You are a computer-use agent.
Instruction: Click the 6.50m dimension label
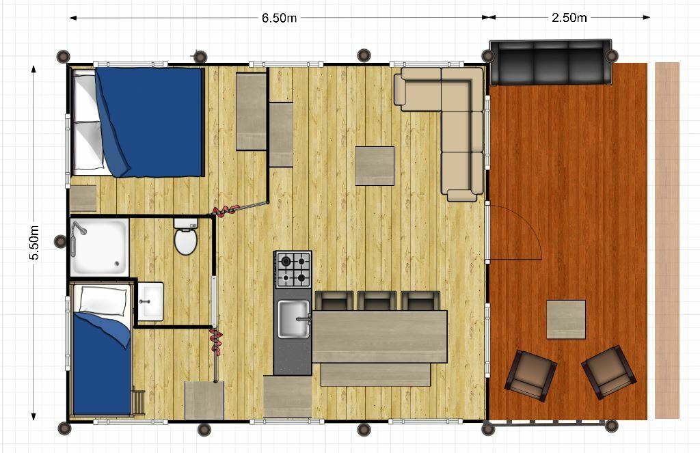(x=279, y=18)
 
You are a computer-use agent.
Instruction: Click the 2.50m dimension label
(x=569, y=17)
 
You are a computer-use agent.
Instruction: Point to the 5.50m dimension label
(x=34, y=243)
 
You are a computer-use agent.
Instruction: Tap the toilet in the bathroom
(x=185, y=236)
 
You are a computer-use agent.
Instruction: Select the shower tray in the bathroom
(x=100, y=247)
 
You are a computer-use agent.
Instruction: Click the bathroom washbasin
(x=150, y=301)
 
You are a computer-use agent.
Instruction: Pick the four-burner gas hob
(x=293, y=269)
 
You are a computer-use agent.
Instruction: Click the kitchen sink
(x=293, y=319)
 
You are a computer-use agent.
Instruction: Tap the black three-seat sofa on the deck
(x=551, y=62)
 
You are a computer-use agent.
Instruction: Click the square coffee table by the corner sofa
(x=375, y=166)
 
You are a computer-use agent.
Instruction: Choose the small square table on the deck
(x=566, y=320)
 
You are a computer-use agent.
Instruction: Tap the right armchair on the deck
(x=609, y=372)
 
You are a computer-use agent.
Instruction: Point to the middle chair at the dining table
(x=377, y=301)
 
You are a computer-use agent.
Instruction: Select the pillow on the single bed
(x=103, y=299)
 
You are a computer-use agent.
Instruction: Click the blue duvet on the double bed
(x=148, y=122)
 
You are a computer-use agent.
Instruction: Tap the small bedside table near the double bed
(x=83, y=198)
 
